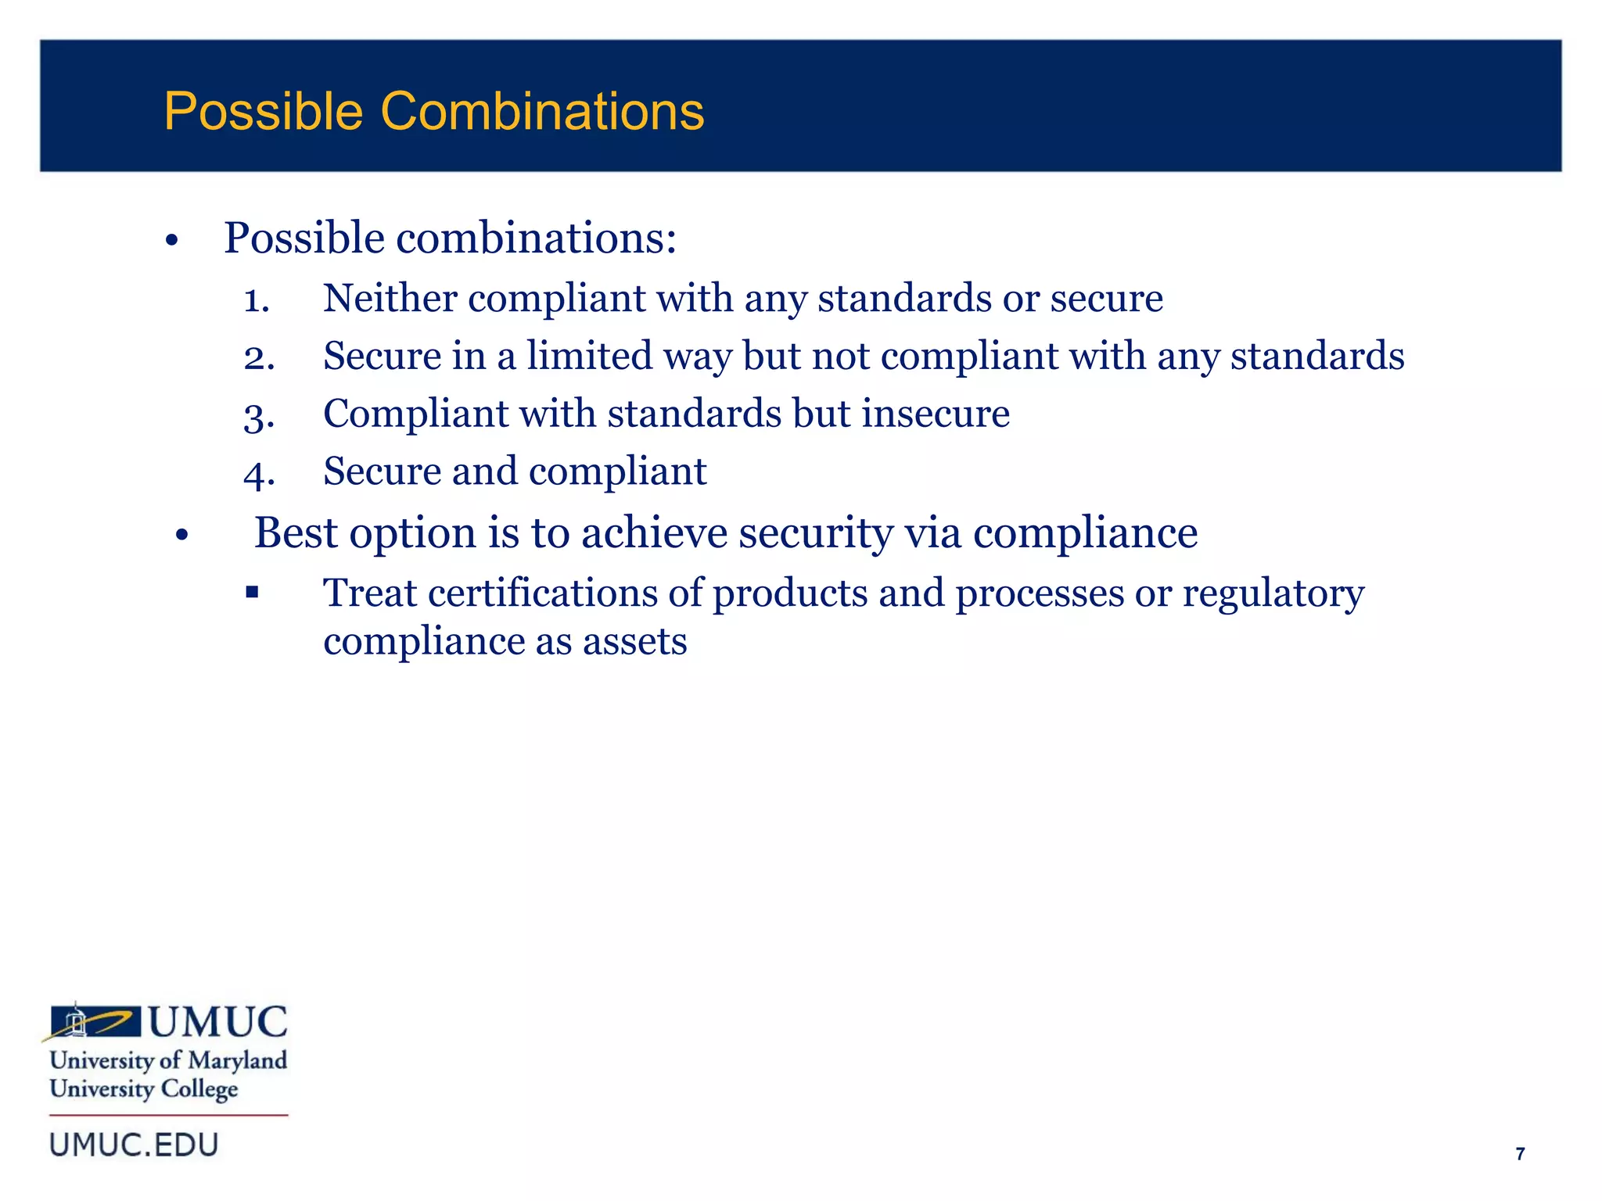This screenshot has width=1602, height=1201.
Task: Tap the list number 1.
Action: (256, 299)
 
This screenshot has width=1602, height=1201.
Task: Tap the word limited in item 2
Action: (589, 356)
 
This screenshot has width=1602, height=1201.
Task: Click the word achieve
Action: (654, 533)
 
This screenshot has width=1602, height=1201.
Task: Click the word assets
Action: (634, 642)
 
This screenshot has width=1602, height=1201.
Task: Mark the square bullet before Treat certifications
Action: (252, 592)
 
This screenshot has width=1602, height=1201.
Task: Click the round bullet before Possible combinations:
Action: (172, 240)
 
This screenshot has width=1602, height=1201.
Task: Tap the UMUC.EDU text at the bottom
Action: (134, 1145)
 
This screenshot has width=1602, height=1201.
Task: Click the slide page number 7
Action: (1520, 1154)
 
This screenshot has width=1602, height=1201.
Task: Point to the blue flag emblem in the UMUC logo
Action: (95, 1021)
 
